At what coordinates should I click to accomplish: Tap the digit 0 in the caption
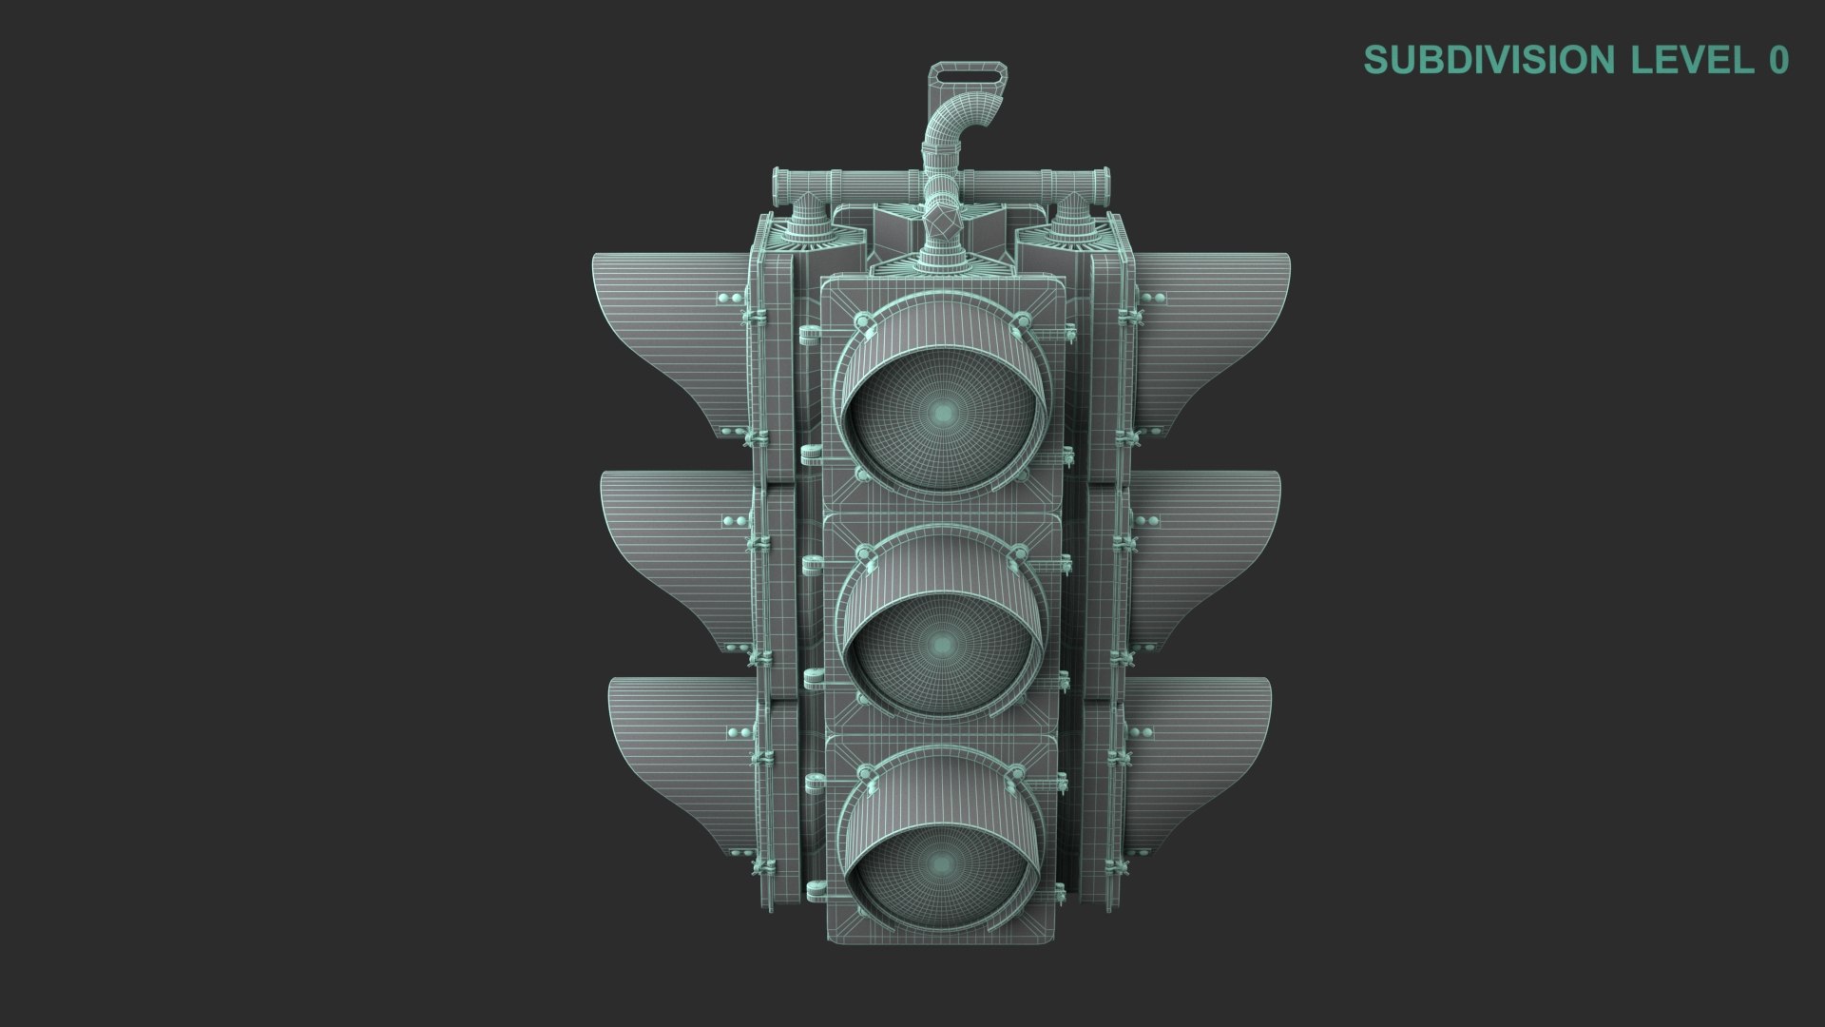(1778, 60)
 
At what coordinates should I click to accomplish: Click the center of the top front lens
(943, 411)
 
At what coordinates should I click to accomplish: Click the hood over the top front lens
(941, 333)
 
